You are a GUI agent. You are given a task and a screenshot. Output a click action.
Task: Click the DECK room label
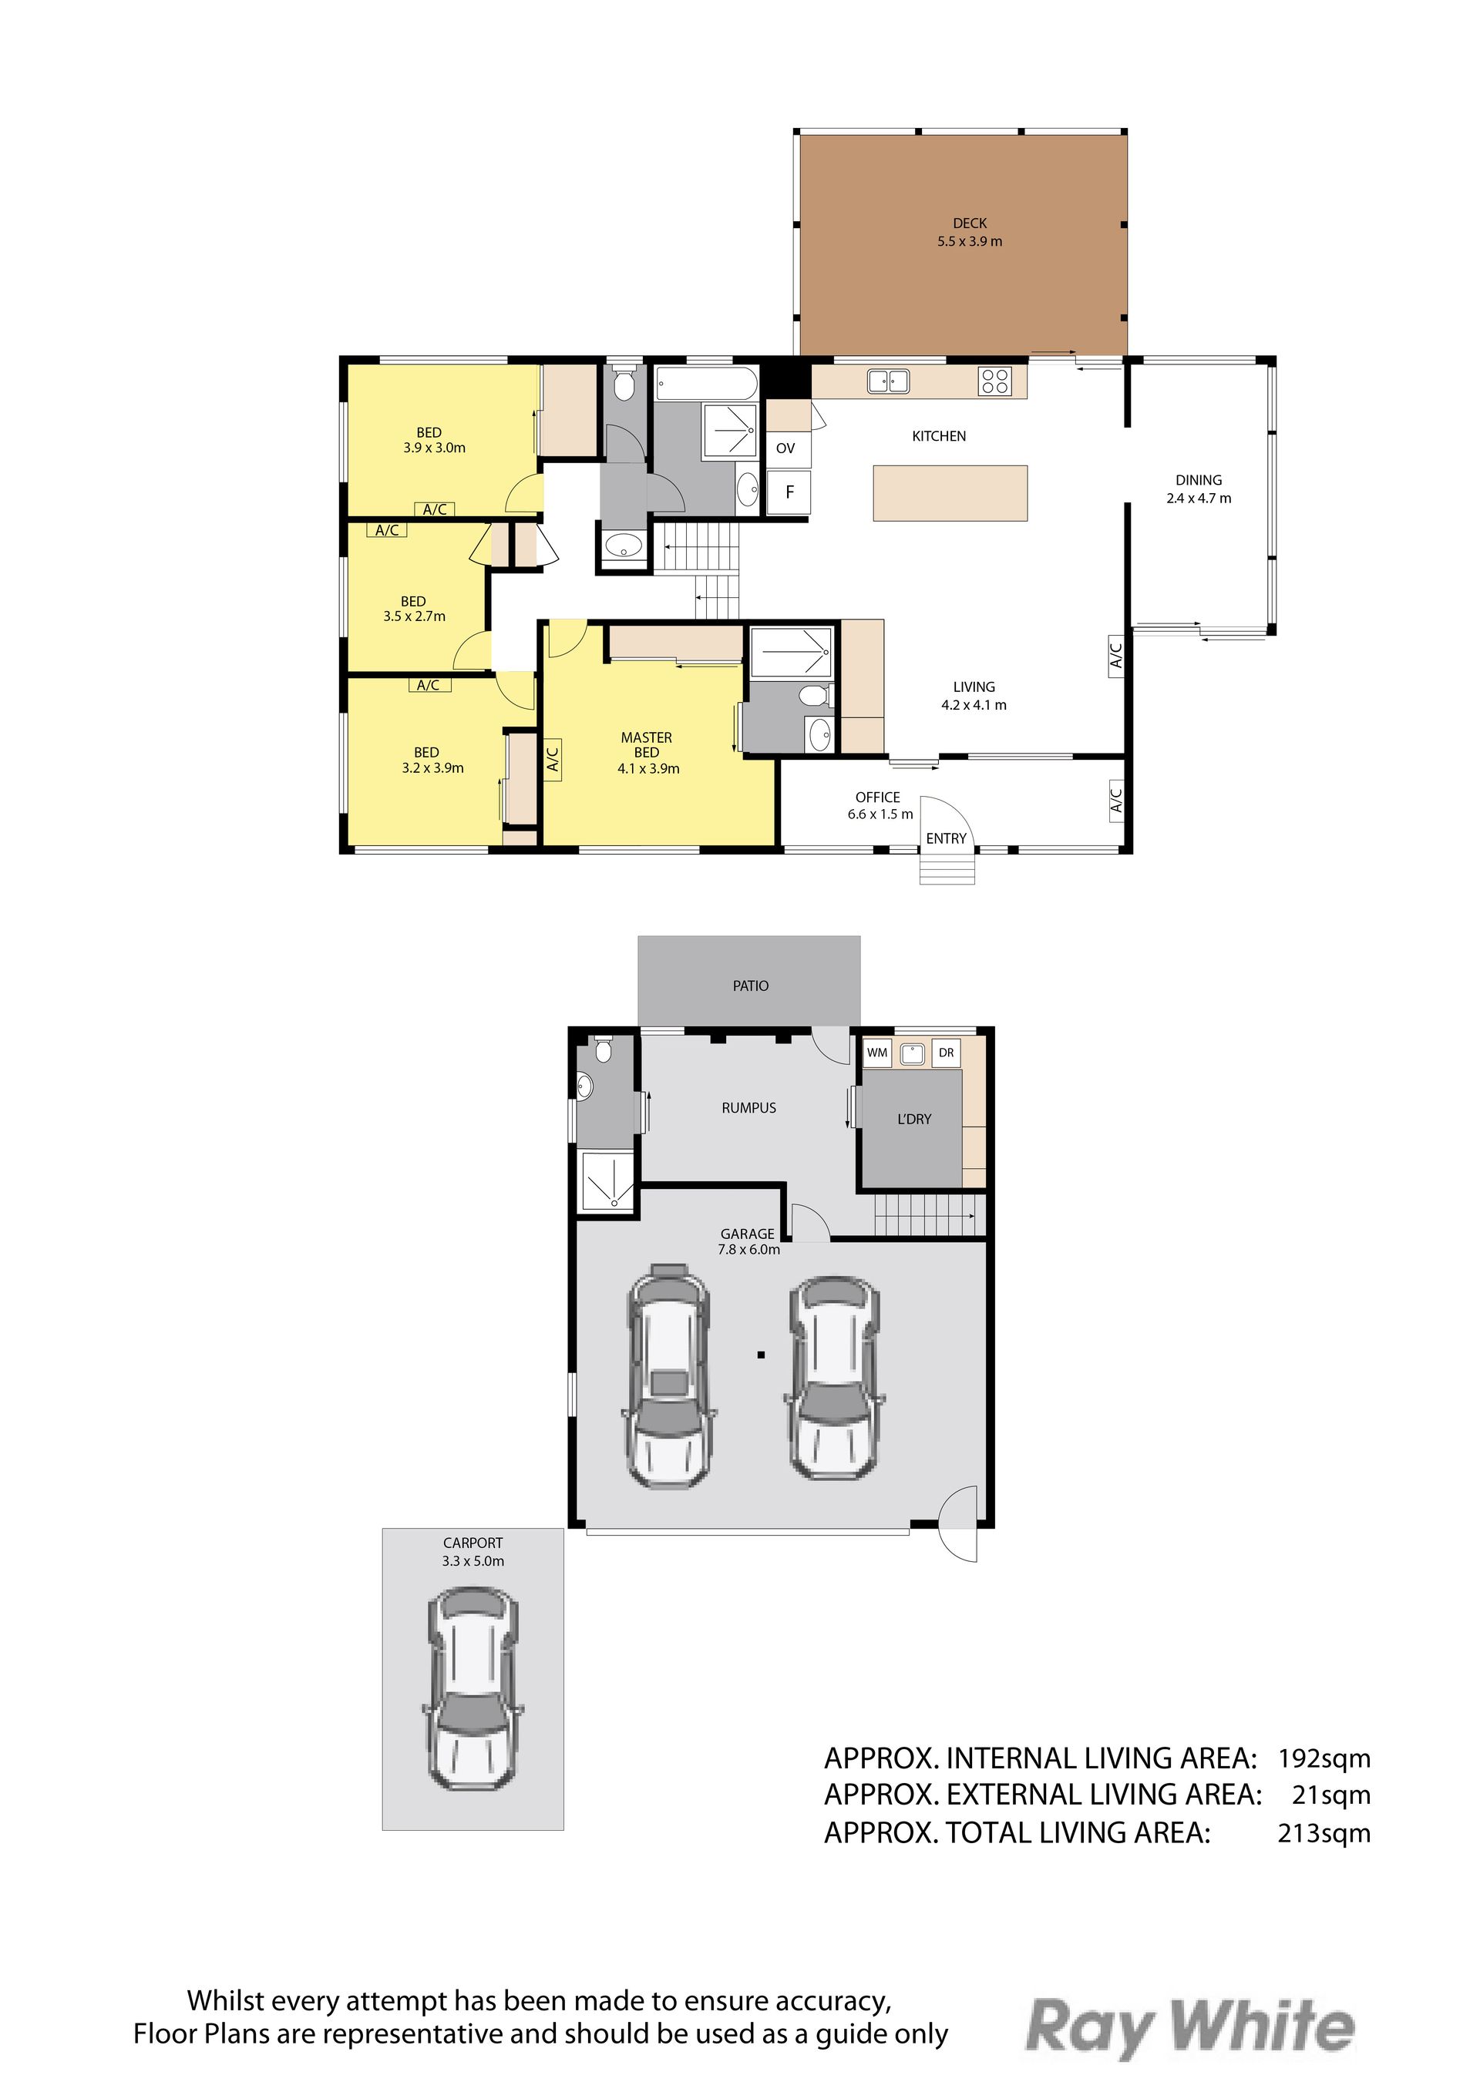970,223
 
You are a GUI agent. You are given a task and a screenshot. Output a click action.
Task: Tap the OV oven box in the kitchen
785,448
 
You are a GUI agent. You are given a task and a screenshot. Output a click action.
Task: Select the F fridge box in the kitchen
789,492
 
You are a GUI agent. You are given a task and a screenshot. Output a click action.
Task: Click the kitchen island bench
950,493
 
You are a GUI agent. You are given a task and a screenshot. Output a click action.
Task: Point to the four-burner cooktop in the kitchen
994,381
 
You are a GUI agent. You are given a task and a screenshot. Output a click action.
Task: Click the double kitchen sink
888,380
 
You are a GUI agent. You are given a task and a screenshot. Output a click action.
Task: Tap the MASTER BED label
647,745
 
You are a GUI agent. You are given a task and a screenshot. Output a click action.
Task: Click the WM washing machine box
876,1053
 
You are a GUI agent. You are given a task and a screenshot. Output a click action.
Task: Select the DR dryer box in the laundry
946,1053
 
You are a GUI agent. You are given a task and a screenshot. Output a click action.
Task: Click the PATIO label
751,986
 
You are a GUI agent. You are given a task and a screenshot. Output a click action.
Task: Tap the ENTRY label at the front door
946,838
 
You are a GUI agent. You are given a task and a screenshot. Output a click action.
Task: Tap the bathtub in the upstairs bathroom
707,383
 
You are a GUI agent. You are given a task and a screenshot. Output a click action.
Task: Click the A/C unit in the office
1116,800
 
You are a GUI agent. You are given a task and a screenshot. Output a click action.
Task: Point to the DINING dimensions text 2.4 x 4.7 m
1199,499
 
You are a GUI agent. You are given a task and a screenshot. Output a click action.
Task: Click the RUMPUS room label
749,1108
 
